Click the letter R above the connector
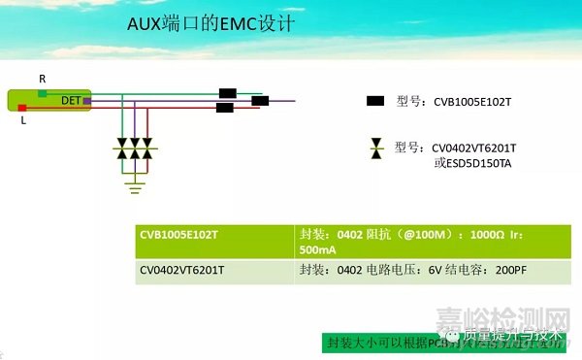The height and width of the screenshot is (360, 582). click(42, 77)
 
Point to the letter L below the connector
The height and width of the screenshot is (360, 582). click(22, 123)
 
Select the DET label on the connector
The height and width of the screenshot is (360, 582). click(71, 100)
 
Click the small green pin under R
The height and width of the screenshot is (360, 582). click(42, 92)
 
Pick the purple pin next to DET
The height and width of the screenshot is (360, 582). click(86, 100)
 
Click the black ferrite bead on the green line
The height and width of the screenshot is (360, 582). click(228, 93)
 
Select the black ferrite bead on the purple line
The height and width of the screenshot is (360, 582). click(260, 100)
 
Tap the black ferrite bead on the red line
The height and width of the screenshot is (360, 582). click(224, 109)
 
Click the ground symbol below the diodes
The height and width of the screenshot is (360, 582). click(135, 179)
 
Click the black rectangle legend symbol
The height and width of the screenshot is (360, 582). click(376, 100)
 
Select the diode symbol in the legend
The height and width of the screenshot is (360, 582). click(376, 147)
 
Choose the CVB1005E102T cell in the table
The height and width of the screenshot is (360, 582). click(180, 235)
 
